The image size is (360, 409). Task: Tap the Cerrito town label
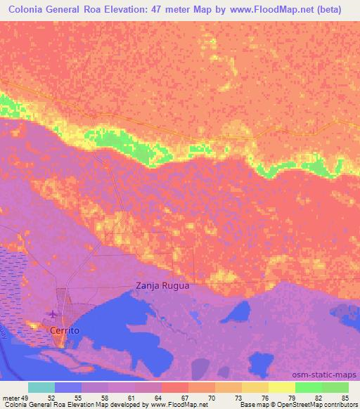64,330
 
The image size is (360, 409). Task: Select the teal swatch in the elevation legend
41,387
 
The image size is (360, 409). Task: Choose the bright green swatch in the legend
309,387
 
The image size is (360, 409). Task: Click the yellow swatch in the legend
282,387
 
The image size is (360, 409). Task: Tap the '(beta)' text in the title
328,10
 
